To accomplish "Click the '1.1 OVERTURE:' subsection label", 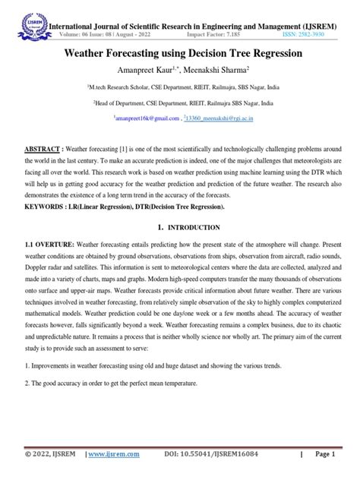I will pos(44,225).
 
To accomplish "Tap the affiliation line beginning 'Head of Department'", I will pos(179,103).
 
